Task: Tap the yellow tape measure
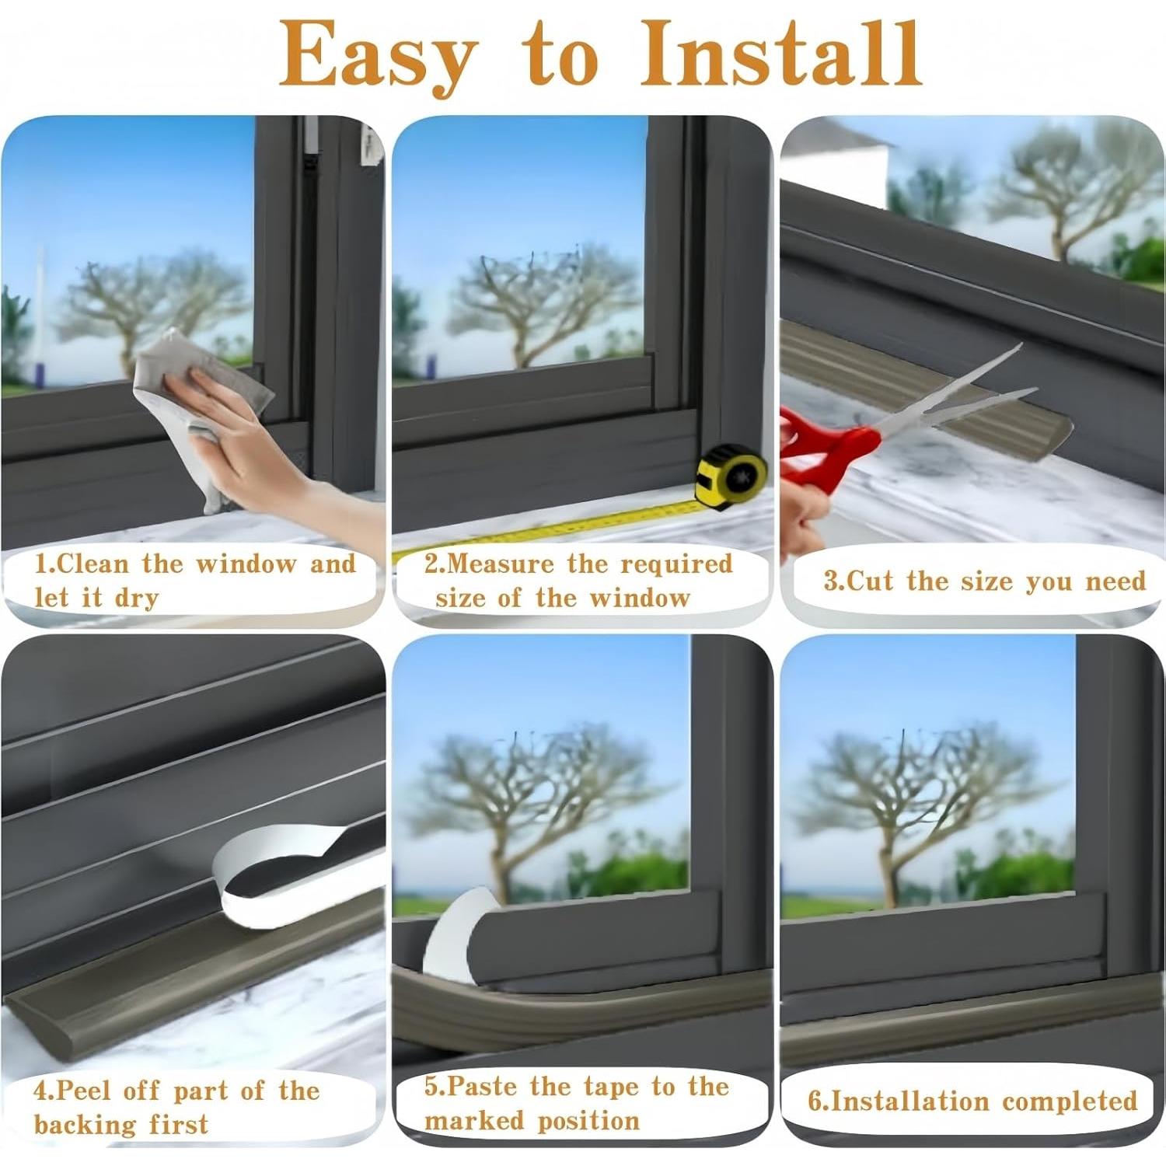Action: [x=731, y=477]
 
